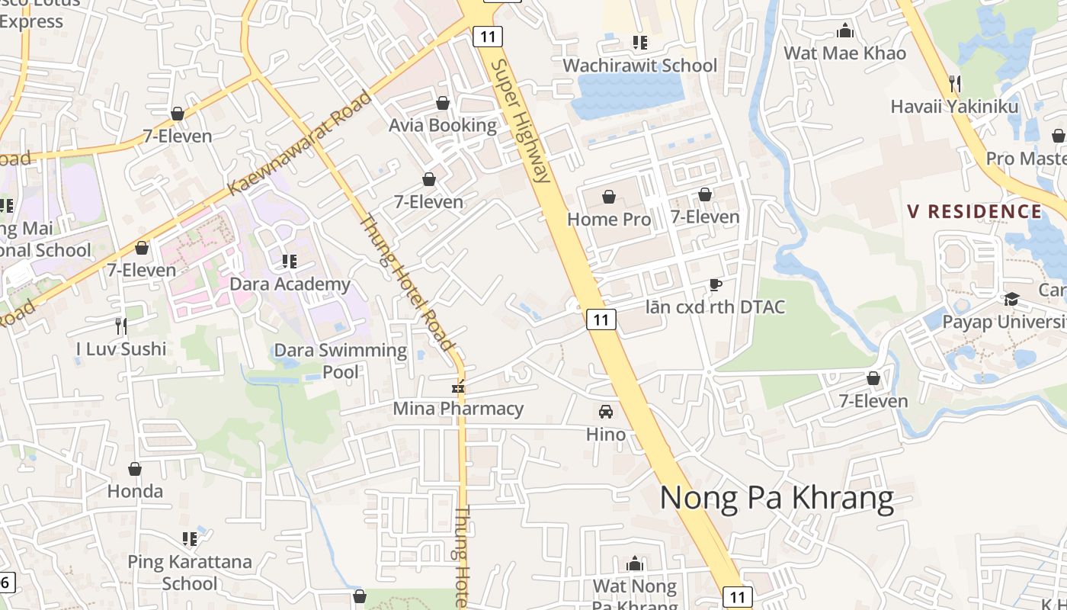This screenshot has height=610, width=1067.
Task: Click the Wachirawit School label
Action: [x=639, y=66]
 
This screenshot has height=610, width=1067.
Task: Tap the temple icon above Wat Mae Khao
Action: [x=844, y=31]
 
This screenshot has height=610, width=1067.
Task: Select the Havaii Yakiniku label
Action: [x=954, y=106]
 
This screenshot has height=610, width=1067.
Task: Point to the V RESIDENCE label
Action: [x=974, y=211]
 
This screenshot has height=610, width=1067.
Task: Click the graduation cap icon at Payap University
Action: [x=1011, y=299]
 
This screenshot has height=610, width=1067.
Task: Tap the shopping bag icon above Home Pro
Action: [x=609, y=197]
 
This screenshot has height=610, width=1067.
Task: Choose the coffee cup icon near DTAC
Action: [x=715, y=285]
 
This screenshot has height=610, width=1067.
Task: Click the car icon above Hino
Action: [x=606, y=412]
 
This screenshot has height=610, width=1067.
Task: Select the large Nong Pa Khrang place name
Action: [x=777, y=498]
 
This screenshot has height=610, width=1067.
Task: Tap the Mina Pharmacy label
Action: [x=458, y=409]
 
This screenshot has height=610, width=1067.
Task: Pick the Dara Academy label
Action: [x=290, y=284]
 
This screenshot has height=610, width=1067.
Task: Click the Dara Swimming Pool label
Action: [x=341, y=361]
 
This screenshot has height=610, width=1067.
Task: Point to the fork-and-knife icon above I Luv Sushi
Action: [x=121, y=326]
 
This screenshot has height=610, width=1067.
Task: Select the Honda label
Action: [x=135, y=491]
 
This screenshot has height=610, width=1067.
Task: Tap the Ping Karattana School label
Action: [x=190, y=572]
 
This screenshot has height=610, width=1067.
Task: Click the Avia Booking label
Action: [x=443, y=125]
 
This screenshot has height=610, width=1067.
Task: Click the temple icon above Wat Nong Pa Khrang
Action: [x=634, y=564]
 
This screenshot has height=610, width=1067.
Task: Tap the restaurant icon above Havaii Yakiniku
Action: [x=954, y=83]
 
